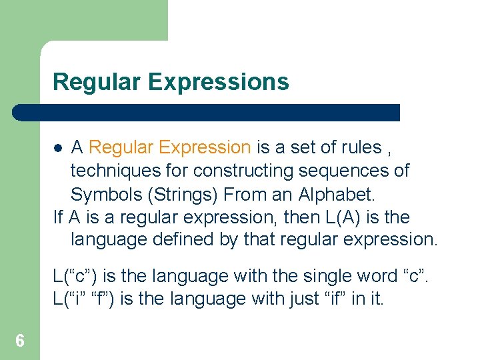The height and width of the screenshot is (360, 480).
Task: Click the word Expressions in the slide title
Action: click(219, 82)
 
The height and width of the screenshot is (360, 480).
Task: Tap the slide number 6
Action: click(20, 342)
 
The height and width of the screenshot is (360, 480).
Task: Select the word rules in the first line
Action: click(357, 147)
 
